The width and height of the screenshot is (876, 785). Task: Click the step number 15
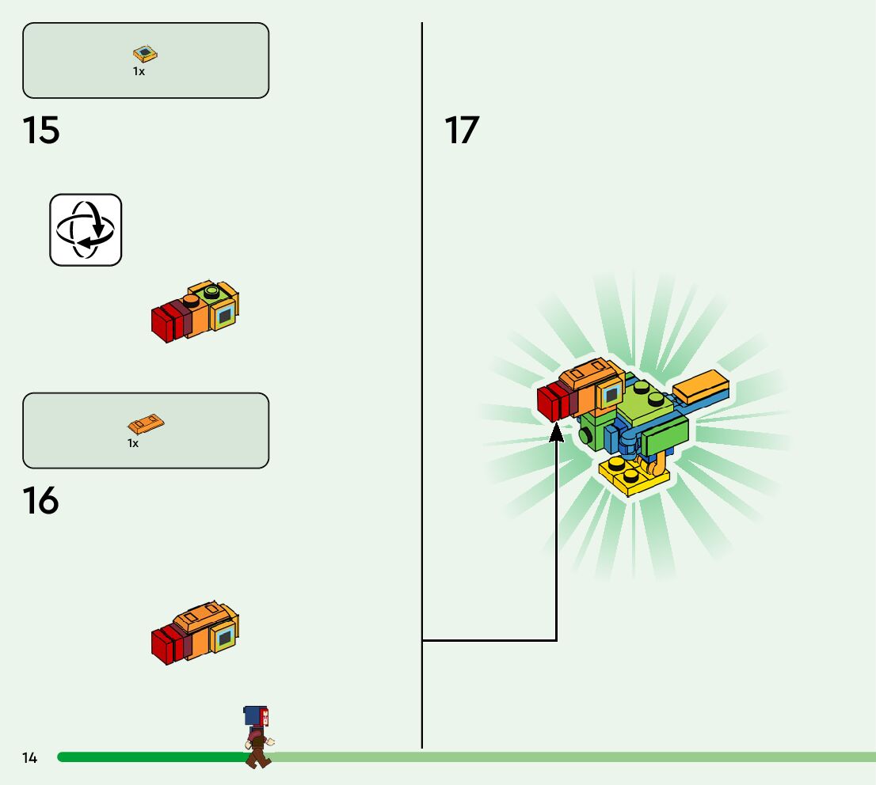[x=41, y=131]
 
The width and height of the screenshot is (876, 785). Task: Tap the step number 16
[x=40, y=501]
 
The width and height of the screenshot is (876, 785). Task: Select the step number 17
[x=462, y=131]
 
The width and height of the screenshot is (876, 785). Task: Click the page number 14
[x=29, y=758]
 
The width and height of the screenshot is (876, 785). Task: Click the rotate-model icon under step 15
[x=86, y=229]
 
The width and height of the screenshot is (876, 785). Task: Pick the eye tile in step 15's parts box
[x=145, y=54]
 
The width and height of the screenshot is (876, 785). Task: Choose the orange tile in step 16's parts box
[x=146, y=425]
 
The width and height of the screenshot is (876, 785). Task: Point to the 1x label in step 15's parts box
[x=139, y=72]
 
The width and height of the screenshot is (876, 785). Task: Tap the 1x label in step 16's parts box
[x=133, y=444]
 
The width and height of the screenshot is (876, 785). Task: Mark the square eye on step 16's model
[x=225, y=635]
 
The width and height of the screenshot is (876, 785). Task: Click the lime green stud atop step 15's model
[x=211, y=292]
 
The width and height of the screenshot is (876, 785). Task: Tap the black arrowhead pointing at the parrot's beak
[x=557, y=432]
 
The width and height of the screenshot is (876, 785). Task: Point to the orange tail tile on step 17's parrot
[x=700, y=385]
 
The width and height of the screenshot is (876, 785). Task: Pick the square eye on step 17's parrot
[x=611, y=393]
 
